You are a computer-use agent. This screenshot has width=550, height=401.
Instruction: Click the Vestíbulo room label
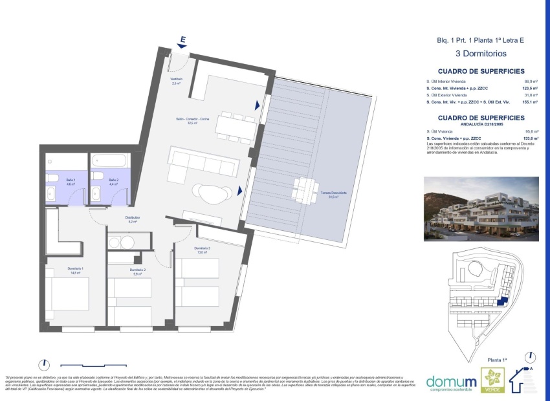click(x=177, y=81)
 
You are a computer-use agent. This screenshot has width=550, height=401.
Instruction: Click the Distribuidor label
click(x=133, y=219)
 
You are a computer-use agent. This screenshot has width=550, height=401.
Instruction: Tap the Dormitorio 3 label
click(x=203, y=250)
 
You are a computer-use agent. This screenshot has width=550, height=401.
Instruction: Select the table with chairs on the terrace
click(x=305, y=189)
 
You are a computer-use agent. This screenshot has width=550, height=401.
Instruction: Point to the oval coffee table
click(x=213, y=192)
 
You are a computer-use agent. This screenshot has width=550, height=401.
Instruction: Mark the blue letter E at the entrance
click(x=183, y=40)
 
